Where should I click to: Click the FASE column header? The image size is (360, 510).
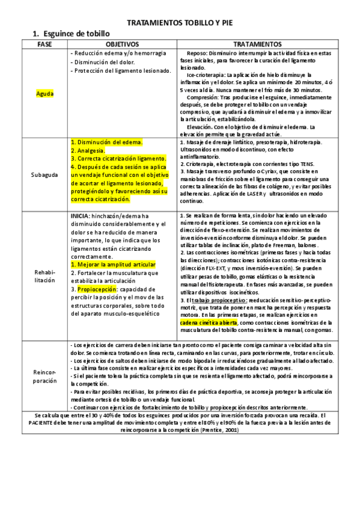44,45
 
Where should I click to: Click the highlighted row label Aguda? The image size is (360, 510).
45,94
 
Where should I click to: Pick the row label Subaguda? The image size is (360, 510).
45,174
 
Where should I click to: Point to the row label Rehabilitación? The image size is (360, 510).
45,275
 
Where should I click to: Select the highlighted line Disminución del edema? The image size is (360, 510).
106,143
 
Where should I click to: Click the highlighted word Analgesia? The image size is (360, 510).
88,150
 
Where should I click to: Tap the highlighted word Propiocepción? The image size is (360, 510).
96,289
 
